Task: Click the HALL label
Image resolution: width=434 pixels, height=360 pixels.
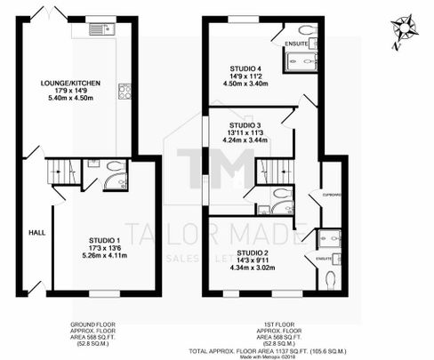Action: pos(36,232)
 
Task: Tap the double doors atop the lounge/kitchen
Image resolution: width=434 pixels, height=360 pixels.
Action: pos(41,13)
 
